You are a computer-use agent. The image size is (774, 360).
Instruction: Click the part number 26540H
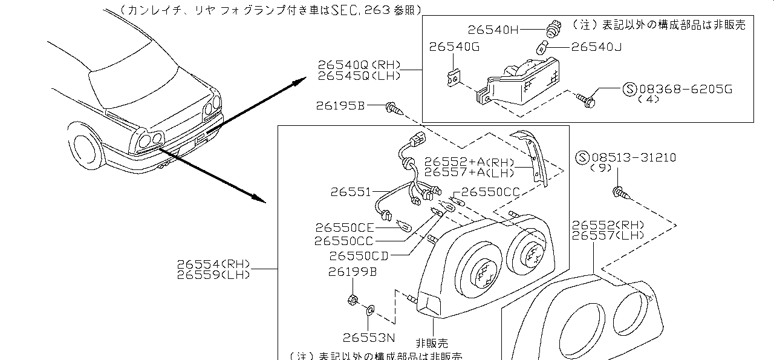493,29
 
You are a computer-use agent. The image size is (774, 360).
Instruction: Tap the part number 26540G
454,47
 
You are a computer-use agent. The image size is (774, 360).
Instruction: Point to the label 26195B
340,106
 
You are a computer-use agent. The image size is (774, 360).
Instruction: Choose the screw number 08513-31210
633,158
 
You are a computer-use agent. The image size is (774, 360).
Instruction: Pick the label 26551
351,192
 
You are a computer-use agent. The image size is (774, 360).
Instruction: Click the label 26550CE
345,227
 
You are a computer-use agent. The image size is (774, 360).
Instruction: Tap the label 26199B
353,273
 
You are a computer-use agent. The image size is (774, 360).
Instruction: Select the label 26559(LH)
213,275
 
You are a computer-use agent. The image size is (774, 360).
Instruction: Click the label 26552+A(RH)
469,162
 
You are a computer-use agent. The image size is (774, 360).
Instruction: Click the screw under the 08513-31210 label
621,194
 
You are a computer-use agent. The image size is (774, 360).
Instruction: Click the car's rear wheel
85,149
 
